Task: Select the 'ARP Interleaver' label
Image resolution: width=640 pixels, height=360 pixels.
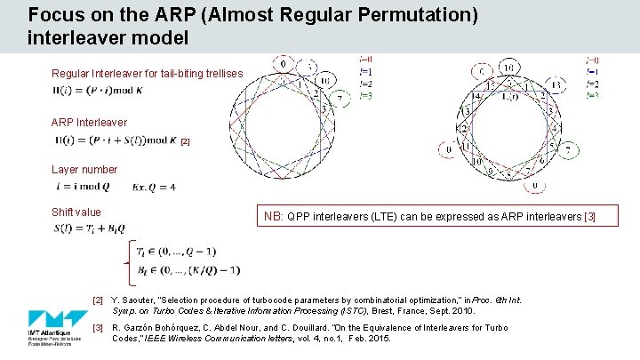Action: point(89,123)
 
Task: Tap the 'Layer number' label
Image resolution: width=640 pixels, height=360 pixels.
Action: point(84,169)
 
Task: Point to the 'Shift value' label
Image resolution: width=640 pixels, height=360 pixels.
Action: point(76,212)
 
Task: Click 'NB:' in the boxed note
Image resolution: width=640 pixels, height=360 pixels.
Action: point(274,216)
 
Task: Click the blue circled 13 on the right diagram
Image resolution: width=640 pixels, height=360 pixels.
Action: point(556,86)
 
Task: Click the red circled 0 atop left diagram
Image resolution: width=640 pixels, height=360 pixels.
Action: point(282,65)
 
